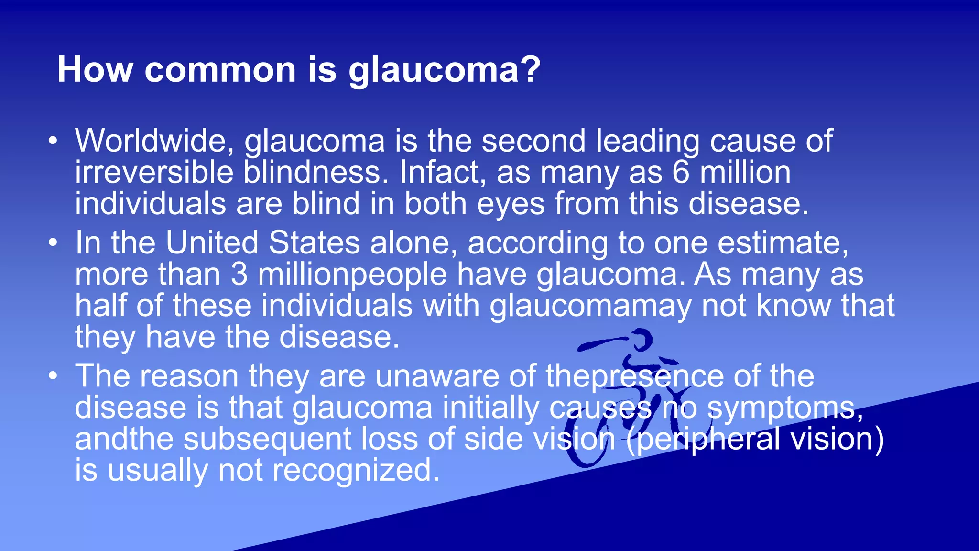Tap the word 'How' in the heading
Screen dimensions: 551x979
point(95,70)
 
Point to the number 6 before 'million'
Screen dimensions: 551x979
point(681,172)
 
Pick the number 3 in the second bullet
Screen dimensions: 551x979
point(239,275)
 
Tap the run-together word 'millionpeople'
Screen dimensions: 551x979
point(352,275)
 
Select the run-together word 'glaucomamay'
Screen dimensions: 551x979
point(590,306)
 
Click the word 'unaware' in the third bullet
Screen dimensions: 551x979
point(437,376)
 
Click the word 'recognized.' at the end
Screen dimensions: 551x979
point(356,471)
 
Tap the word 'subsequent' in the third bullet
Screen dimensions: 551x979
point(267,440)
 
